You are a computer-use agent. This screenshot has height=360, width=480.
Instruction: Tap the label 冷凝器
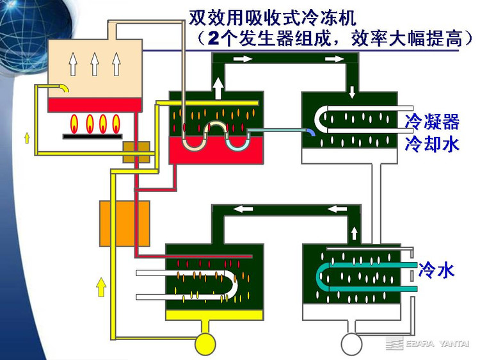click(433, 122)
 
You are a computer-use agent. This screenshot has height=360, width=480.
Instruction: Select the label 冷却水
click(433, 144)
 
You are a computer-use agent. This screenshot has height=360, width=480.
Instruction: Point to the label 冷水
click(436, 270)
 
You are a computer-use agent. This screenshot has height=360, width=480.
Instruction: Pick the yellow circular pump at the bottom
click(207, 343)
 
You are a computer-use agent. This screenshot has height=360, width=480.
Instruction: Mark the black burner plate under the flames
click(93, 135)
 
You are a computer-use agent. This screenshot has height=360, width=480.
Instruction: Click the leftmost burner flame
click(75, 121)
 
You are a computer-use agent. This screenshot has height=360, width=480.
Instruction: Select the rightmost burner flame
click(116, 121)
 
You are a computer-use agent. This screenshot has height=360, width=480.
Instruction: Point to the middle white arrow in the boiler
click(94, 64)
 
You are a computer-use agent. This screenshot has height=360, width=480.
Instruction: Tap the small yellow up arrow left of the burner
click(27, 137)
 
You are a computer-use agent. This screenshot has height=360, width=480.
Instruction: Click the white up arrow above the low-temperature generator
click(218, 88)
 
